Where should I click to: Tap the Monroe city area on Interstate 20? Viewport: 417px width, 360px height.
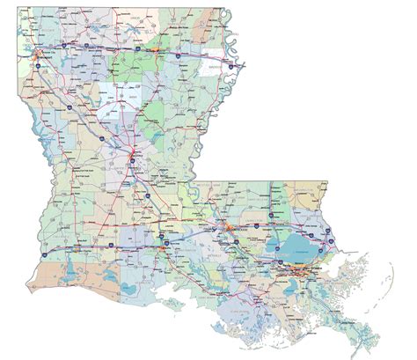pyautogui.click(x=155, y=52)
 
